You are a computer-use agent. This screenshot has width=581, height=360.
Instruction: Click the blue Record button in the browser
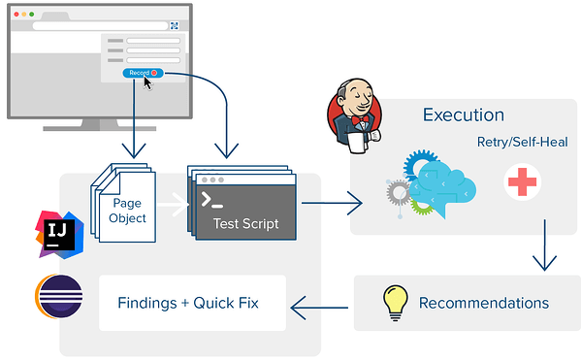click(x=142, y=73)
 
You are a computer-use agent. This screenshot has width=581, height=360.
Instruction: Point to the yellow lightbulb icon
click(x=394, y=302)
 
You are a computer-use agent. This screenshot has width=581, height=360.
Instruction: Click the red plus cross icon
click(x=522, y=181)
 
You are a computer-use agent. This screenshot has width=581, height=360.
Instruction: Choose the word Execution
click(x=463, y=115)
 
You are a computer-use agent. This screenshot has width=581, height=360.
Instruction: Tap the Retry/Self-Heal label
click(x=522, y=142)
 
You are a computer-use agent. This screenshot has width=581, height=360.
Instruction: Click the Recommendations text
click(x=483, y=303)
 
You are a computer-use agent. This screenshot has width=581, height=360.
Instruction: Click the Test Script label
click(x=245, y=224)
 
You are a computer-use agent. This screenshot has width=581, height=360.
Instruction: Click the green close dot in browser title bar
click(x=30, y=16)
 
